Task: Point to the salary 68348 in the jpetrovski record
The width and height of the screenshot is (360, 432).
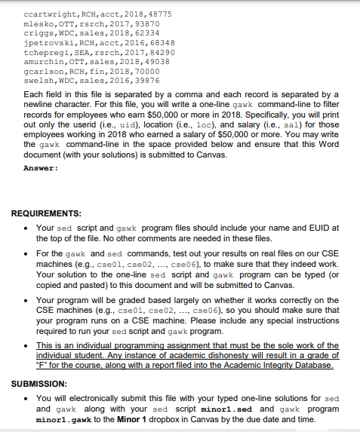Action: pyautogui.click(x=158, y=43)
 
